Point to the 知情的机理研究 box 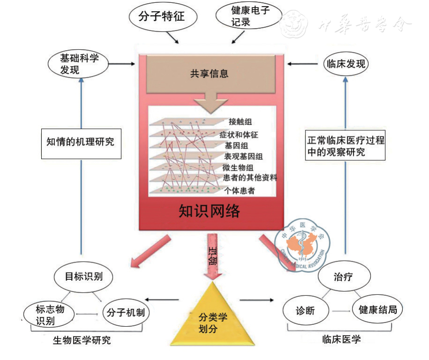81,140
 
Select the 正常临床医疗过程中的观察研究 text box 345,146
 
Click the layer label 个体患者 241,190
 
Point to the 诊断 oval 303,310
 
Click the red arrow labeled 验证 210,260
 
